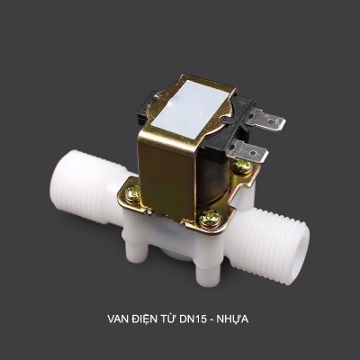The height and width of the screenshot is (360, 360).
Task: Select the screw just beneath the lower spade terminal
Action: click(241, 168)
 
